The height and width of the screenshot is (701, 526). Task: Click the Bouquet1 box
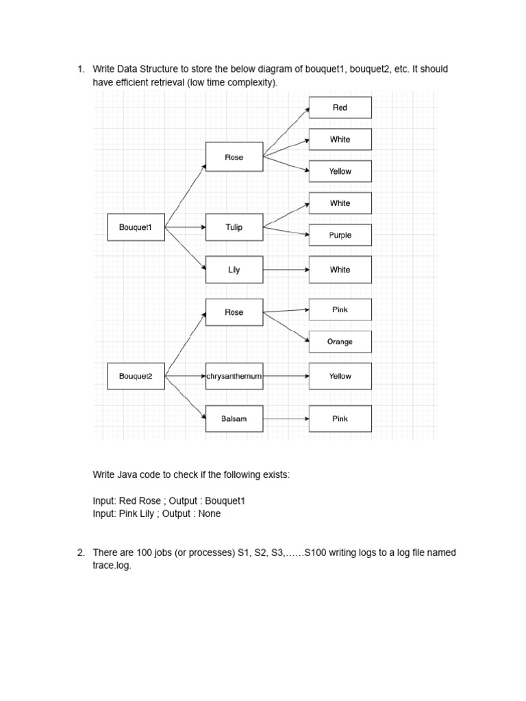pyautogui.click(x=136, y=227)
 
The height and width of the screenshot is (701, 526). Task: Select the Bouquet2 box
pyautogui.click(x=136, y=376)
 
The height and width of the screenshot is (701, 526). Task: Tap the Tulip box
pyautogui.click(x=234, y=227)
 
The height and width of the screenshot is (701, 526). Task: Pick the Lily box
pyautogui.click(x=234, y=270)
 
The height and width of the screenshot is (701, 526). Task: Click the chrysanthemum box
pyautogui.click(x=234, y=376)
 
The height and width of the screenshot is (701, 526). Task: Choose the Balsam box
pyautogui.click(x=234, y=418)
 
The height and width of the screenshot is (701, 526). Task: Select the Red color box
pyautogui.click(x=340, y=107)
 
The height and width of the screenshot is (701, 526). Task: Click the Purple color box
pyautogui.click(x=340, y=235)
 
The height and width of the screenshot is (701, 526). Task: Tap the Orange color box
pyautogui.click(x=340, y=342)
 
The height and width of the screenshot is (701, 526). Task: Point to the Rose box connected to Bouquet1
pyautogui.click(x=234, y=157)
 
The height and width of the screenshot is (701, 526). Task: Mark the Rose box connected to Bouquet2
pyautogui.click(x=234, y=312)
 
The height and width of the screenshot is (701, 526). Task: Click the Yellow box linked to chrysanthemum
pyautogui.click(x=340, y=376)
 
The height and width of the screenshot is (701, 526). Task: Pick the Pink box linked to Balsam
pyautogui.click(x=340, y=418)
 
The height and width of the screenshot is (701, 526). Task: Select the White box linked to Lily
pyautogui.click(x=340, y=270)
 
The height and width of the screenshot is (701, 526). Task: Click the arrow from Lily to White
pyautogui.click(x=286, y=270)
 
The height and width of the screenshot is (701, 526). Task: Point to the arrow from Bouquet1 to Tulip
pyautogui.click(x=185, y=227)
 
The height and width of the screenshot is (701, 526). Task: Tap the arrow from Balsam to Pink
pyautogui.click(x=286, y=418)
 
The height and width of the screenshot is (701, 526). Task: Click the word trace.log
pyautogui.click(x=111, y=566)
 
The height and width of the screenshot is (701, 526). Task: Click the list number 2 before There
pyautogui.click(x=80, y=552)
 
